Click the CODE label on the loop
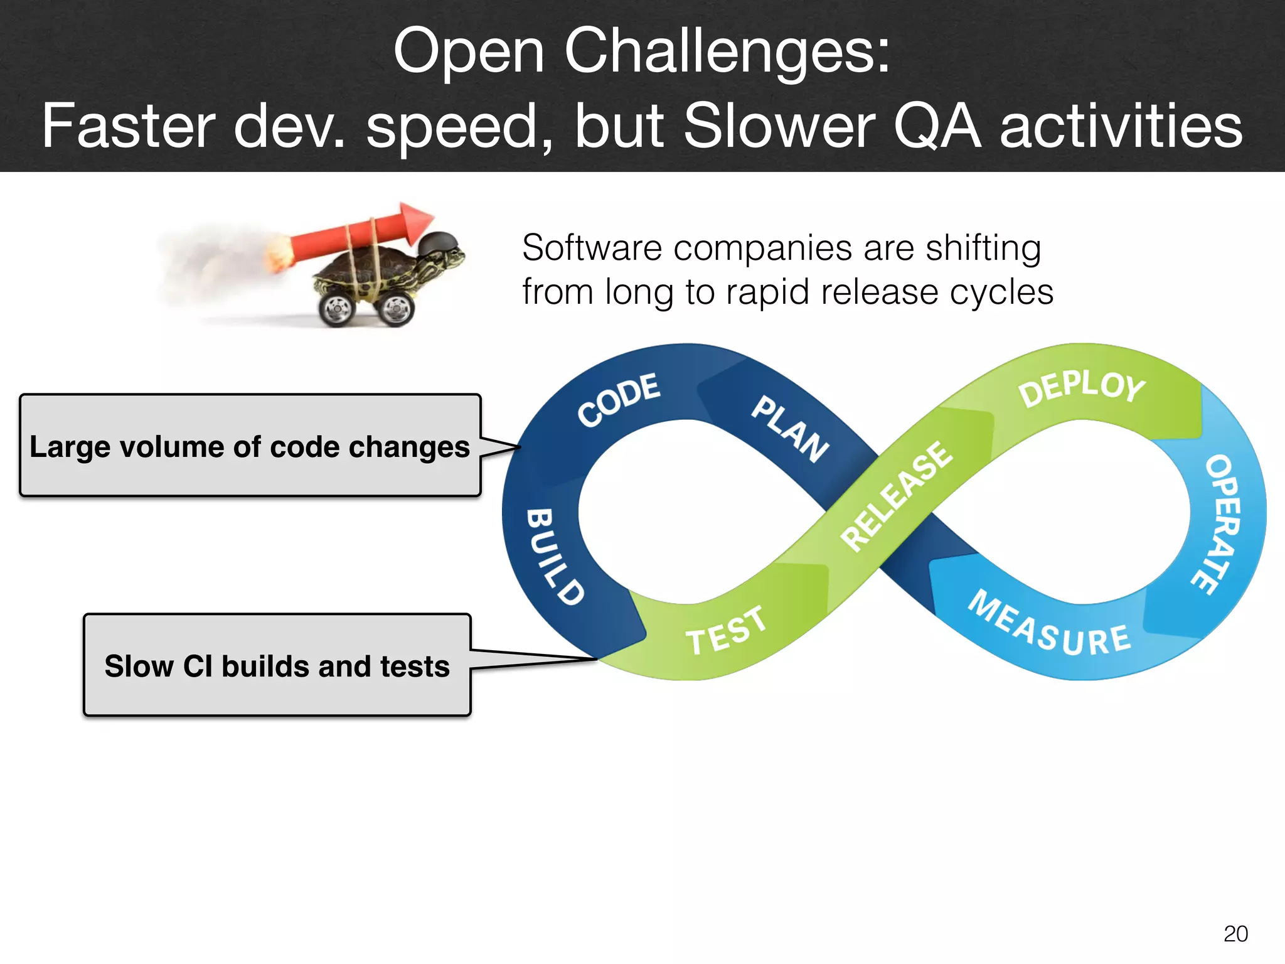[619, 400]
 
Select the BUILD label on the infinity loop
[555, 556]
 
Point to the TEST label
[725, 631]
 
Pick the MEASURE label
[1049, 625]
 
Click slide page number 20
[1235, 934]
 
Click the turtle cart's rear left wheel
[338, 308]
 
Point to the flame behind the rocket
[277, 254]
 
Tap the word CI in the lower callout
[198, 666]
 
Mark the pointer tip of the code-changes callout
[520, 447]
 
